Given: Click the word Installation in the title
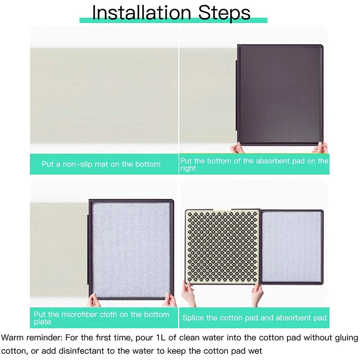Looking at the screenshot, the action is (x=142, y=12).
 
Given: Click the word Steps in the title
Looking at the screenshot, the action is (x=224, y=13).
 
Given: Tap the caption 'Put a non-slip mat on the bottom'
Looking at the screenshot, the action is (x=101, y=164).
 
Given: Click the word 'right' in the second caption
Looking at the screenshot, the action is (x=188, y=168).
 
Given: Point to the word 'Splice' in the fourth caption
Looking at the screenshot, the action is (x=193, y=318).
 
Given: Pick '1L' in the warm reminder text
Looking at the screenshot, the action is (x=160, y=337).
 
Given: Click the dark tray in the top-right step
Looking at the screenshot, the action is (x=280, y=95).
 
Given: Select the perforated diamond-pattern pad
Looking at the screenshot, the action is (x=222, y=246).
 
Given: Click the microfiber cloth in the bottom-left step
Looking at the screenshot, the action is (x=132, y=250).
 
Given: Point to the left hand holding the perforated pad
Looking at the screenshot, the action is (x=188, y=294).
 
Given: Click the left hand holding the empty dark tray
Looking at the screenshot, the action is (x=237, y=148).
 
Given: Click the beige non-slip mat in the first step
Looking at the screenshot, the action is (x=104, y=96).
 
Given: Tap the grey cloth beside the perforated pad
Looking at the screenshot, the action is (x=291, y=247).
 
